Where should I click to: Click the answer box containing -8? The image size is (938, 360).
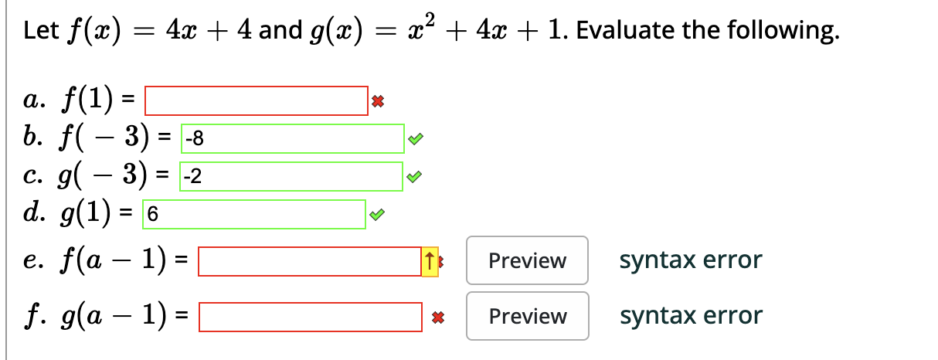[292, 139]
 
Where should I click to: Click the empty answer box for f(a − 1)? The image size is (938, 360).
[309, 261]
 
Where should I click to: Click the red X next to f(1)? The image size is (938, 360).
[377, 101]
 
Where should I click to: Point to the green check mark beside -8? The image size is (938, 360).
[415, 140]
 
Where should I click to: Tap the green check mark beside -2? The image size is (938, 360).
[415, 178]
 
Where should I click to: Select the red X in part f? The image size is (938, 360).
[437, 317]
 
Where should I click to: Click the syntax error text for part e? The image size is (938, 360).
[690, 260]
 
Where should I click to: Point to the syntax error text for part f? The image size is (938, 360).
[690, 316]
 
